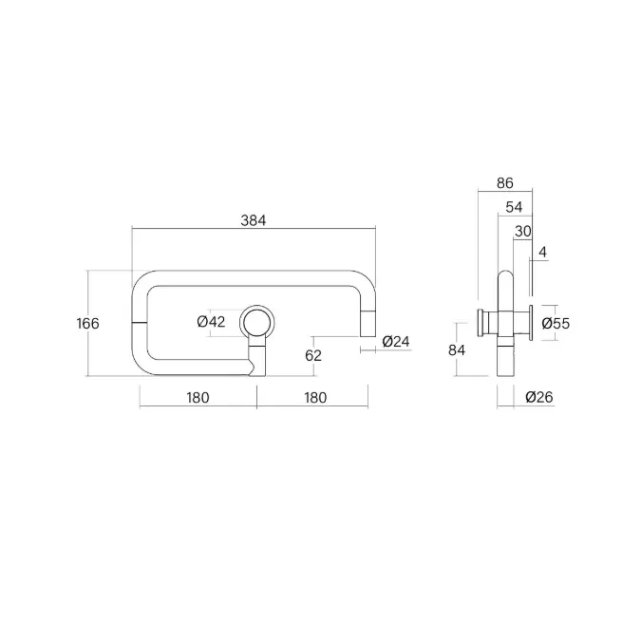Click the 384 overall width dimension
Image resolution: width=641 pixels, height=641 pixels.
(253, 220)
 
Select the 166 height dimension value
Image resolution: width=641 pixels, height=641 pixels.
(87, 324)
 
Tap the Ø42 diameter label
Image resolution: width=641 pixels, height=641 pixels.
(211, 322)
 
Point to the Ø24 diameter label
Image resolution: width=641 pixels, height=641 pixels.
(396, 341)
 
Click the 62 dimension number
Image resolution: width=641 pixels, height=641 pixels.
(313, 356)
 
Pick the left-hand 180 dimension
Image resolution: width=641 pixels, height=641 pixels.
(198, 397)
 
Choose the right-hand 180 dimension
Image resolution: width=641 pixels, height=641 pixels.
(315, 397)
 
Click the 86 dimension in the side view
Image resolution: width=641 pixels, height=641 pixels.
(505, 183)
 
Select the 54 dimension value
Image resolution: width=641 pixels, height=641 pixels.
(514, 207)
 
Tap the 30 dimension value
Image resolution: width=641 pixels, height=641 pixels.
(523, 232)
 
